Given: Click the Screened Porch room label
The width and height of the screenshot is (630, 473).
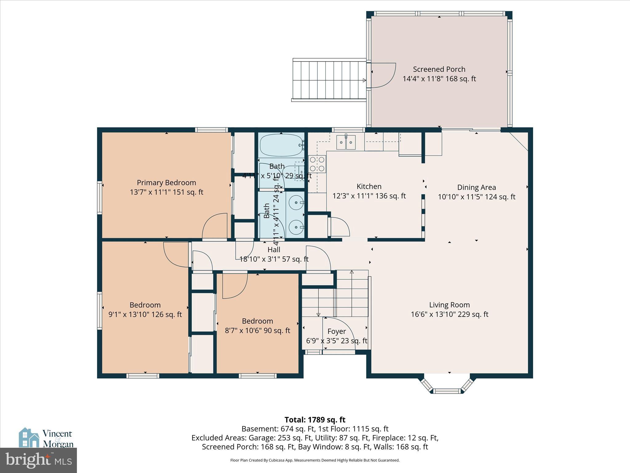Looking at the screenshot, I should coord(439,69).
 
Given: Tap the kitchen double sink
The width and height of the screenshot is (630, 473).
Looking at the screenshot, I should coord(346,142).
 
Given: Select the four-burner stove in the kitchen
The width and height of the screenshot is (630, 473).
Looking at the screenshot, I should coord(317,164).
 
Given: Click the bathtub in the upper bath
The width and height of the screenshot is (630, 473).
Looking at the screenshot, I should coord(281,145).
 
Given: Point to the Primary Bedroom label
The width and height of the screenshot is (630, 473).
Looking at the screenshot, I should coord(166,183).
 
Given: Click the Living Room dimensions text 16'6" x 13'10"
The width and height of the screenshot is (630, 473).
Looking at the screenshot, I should coord(449,314).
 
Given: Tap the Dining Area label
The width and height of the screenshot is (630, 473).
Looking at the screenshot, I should coord(476,187).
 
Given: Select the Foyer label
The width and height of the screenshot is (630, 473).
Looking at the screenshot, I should coord(337,331).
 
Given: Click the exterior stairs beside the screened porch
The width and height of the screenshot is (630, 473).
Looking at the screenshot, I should coord(329,79).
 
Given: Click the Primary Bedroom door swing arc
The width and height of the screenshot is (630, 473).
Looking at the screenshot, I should coord(214,226).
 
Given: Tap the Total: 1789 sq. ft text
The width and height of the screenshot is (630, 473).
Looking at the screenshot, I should coord(315,420).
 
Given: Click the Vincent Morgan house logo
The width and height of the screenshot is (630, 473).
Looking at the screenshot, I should coord(29,438).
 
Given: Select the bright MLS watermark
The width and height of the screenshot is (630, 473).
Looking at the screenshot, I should coord(38,460).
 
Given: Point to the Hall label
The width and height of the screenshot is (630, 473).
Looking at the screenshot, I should coord(274,250).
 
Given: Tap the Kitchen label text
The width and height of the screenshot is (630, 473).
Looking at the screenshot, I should coord(369,186).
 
